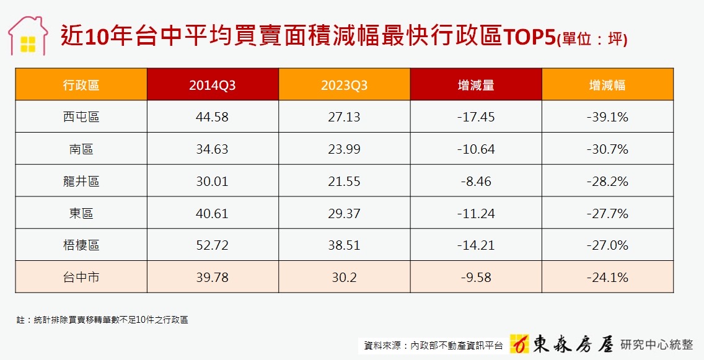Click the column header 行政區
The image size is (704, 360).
coord(81,85)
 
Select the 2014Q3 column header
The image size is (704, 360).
coord(213,86)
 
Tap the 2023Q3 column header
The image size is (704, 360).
coord(344,86)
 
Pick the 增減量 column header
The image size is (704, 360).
coord(476,86)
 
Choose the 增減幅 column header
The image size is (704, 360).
coord(607,86)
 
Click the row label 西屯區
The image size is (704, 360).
coord(81,117)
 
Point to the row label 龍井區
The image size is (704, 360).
coord(81,182)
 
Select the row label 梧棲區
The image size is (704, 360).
coord(81,245)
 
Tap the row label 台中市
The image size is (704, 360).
coord(81,278)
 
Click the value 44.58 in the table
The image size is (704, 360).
coord(213,117)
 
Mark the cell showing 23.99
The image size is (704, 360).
coord(344,149)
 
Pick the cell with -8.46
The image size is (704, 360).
coord(476,182)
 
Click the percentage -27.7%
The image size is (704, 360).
coord(607,214)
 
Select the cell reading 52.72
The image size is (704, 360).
coord(213,245)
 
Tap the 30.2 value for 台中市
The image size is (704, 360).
coord(344,278)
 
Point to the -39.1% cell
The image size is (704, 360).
coord(607,117)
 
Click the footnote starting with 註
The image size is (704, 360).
coord(102,320)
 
